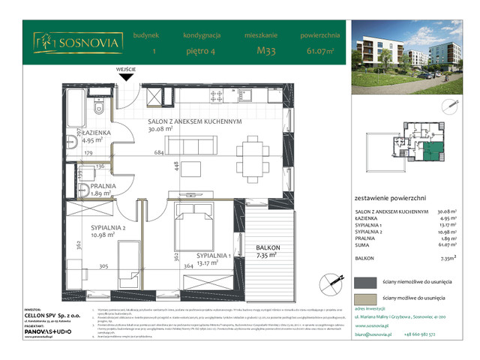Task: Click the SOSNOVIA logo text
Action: (88, 43)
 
